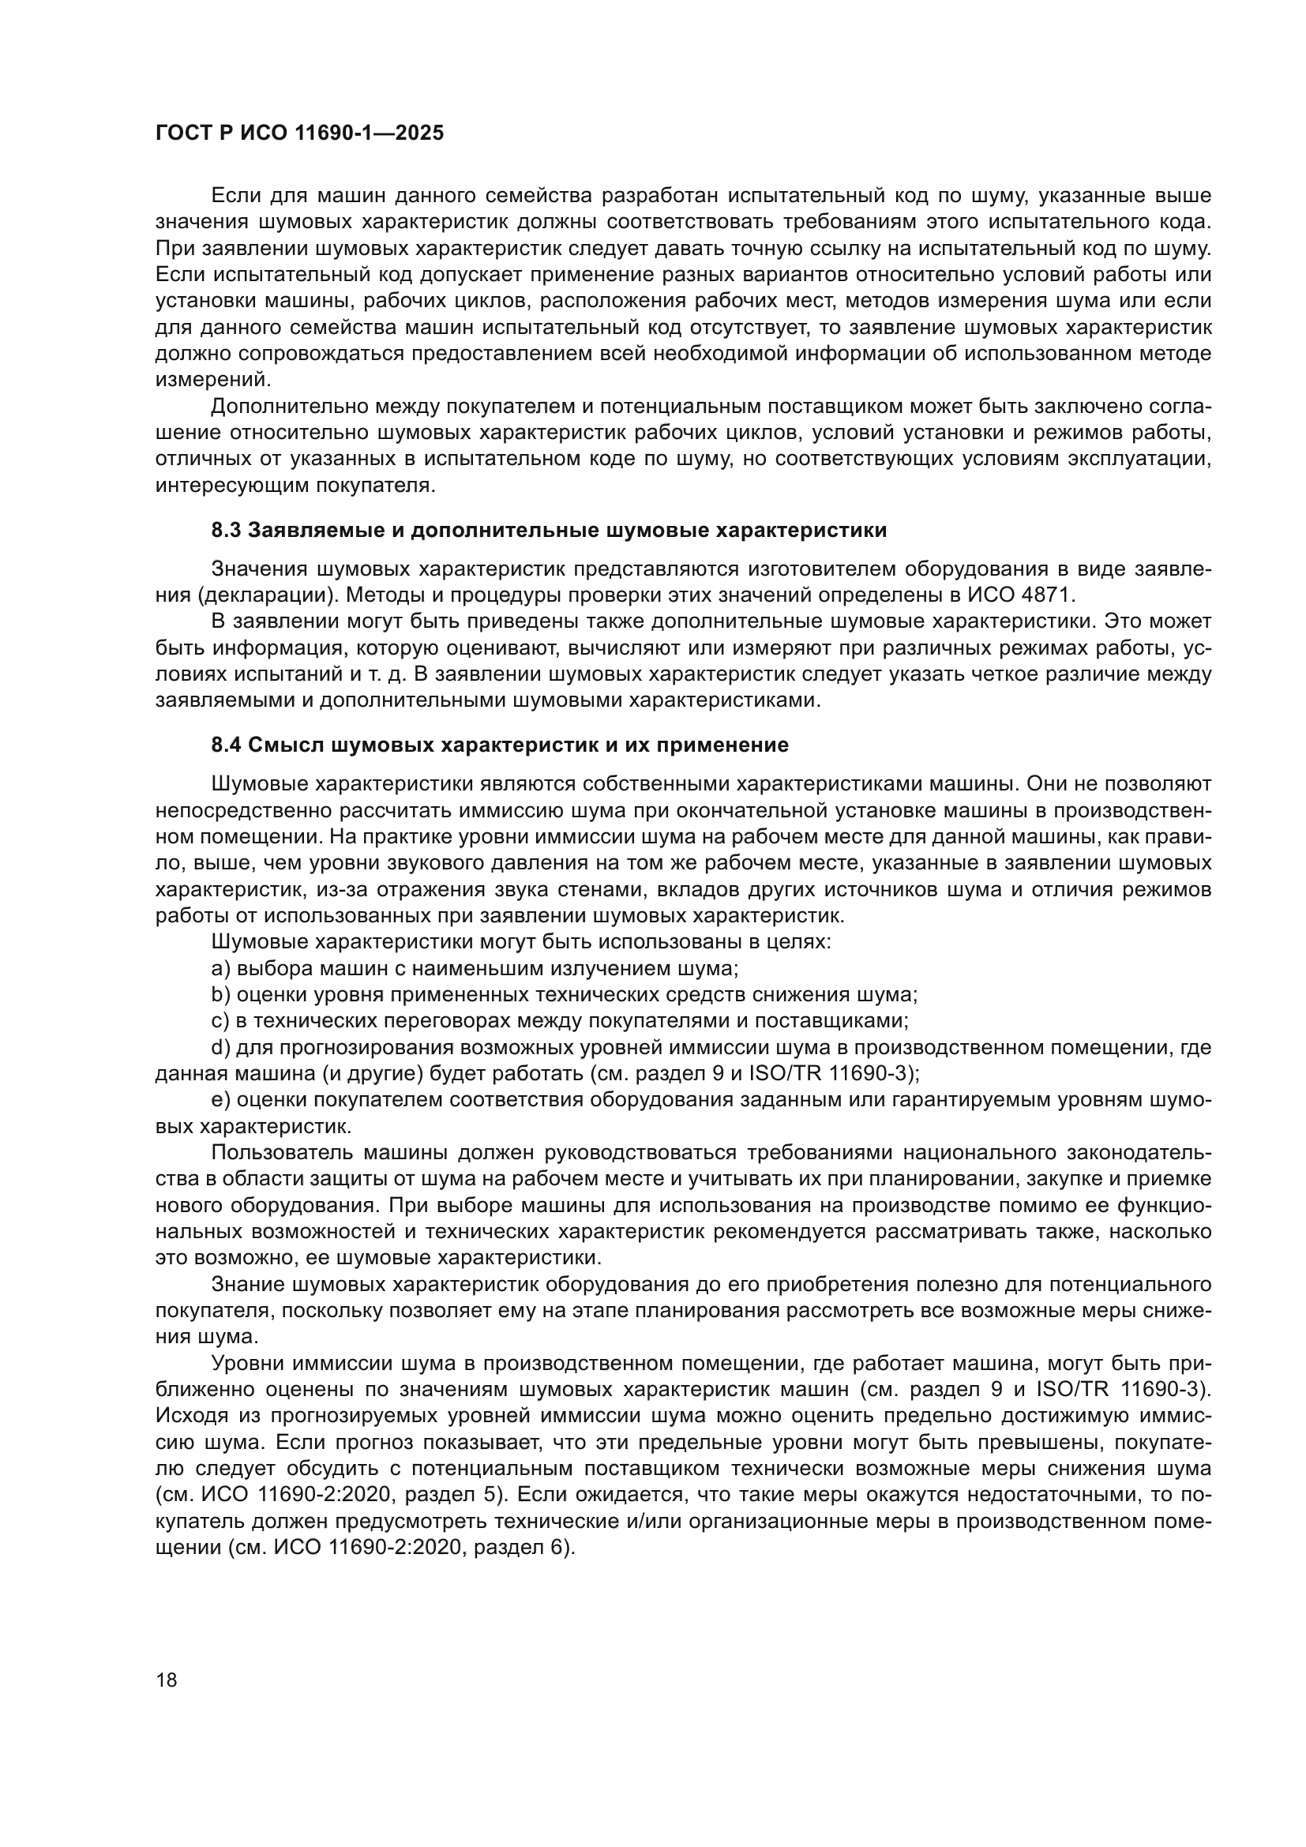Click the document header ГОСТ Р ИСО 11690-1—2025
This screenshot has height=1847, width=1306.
[299, 133]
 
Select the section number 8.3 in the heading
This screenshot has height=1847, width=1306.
[226, 531]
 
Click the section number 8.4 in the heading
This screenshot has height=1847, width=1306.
[226, 745]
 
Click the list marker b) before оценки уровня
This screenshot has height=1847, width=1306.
[220, 995]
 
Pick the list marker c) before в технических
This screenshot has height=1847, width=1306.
[220, 1021]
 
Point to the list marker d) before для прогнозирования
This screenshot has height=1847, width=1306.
[220, 1047]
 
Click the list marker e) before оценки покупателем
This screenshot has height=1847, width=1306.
[220, 1100]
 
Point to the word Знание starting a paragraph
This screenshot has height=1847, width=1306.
[246, 1285]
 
